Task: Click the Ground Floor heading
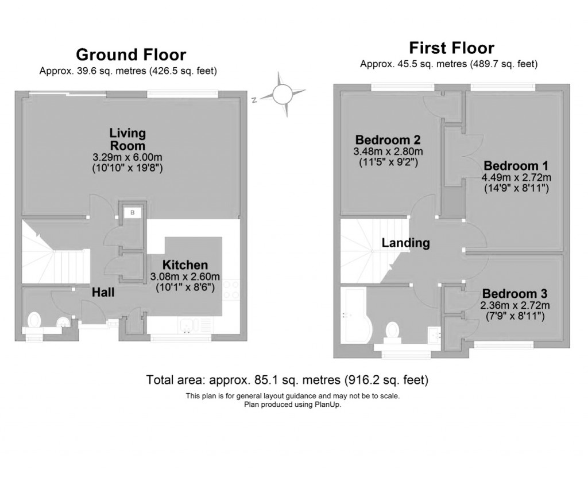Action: pos(131,55)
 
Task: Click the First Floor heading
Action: pos(451,47)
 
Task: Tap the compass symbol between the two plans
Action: pos(282,94)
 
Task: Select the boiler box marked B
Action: pos(133,213)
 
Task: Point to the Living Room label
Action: pos(127,139)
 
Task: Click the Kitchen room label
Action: pos(185,265)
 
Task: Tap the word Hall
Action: pos(104,293)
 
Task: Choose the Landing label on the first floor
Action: pos(405,243)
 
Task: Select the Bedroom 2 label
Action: pos(388,139)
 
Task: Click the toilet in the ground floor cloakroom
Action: pos(34,319)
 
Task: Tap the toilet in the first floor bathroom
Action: pos(393,331)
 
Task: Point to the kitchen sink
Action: pos(188,326)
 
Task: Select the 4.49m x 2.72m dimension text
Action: pos(516,177)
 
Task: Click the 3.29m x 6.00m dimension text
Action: pos(127,157)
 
